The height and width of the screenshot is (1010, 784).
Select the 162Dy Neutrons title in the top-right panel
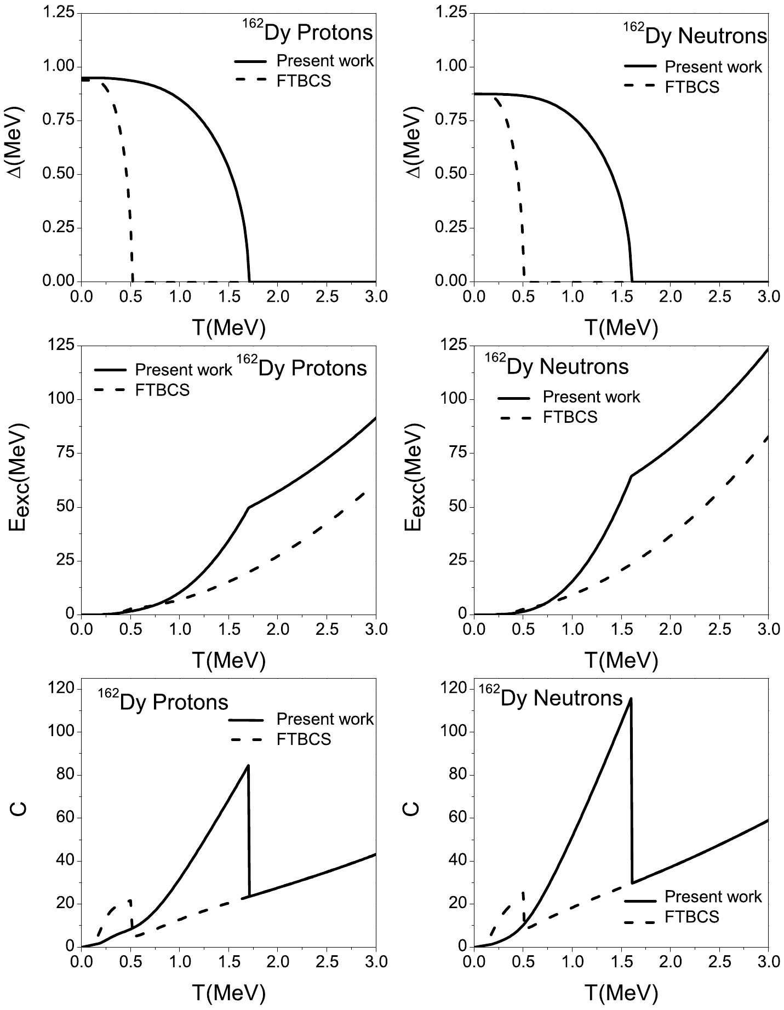tap(696, 35)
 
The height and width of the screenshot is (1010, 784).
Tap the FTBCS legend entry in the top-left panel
tap(304, 81)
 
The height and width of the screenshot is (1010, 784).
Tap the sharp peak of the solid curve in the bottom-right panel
tap(631, 698)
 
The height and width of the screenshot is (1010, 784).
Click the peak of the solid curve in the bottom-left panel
tap(248, 765)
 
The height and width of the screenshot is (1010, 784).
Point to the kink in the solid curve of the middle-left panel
tap(249, 507)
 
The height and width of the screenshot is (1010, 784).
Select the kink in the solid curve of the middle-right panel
tap(632, 475)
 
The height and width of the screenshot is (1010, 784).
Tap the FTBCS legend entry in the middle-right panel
tap(570, 417)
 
